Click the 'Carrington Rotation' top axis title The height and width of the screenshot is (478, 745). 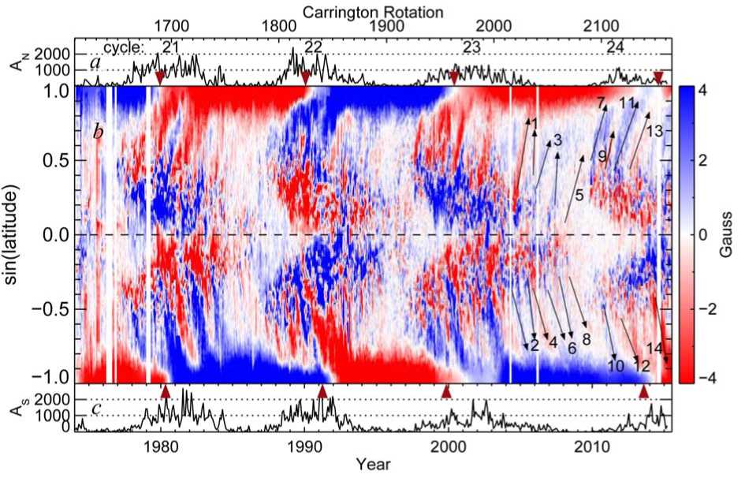374,12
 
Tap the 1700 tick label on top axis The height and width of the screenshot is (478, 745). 170,27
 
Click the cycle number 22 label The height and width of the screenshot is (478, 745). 312,47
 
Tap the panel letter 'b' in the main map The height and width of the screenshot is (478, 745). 98,132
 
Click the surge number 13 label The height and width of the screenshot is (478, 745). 654,132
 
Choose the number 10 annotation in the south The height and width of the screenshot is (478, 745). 616,365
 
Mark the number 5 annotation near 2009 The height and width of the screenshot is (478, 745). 579,195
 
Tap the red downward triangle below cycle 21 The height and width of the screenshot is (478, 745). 160,77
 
